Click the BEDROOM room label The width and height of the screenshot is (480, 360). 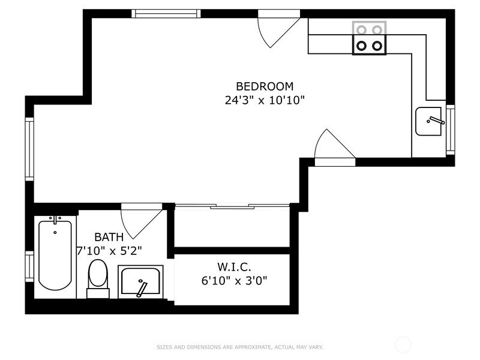tap(265, 86)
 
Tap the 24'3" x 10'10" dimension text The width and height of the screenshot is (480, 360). tap(265, 100)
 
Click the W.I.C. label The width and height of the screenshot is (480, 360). tap(235, 266)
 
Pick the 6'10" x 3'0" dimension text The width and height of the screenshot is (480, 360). tap(235, 280)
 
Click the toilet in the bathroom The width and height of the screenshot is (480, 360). tap(98, 277)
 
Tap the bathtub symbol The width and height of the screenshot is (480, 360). tap(55, 255)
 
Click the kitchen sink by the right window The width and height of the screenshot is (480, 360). tap(429, 122)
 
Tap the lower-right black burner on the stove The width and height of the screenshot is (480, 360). tap(377, 45)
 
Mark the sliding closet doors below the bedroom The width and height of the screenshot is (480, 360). tap(232, 206)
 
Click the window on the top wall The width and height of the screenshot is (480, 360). tap(166, 13)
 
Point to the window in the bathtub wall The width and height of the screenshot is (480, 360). tap(29, 266)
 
